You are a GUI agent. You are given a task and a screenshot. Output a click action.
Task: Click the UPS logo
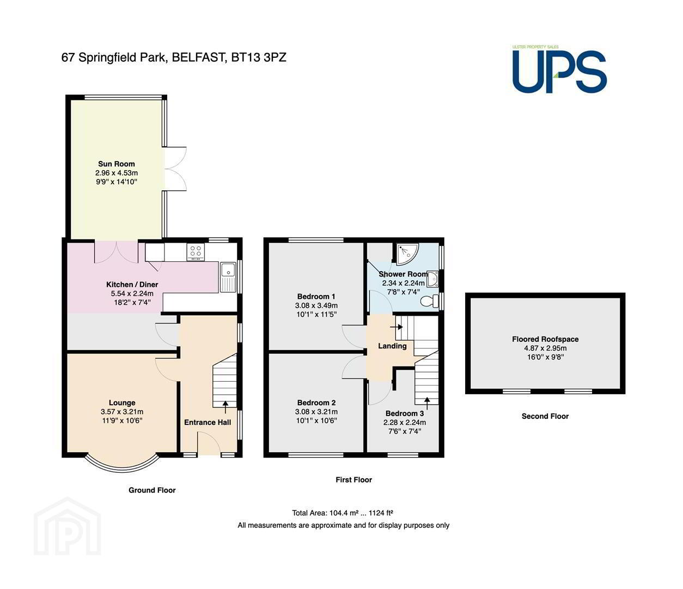coord(559,69)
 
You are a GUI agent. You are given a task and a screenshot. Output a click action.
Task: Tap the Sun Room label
coord(117,164)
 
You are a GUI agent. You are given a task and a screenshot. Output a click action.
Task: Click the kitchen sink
coord(228,277)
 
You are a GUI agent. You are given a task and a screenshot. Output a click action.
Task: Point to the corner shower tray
coord(407,255)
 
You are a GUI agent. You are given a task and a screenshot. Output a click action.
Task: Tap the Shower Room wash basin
coord(432,279)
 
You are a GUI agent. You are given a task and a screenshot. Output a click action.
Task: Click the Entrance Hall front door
coord(209,443)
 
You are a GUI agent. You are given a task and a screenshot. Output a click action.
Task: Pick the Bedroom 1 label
coord(316,297)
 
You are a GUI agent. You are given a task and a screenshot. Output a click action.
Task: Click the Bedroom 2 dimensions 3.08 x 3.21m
coord(316,412)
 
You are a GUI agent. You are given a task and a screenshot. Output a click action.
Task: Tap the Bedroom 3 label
coord(405,413)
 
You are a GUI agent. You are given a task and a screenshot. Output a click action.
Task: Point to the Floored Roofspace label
coord(545,339)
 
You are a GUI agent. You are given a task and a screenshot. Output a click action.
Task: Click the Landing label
coord(392,346)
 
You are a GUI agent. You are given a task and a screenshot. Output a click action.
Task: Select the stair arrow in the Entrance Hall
coord(225,407)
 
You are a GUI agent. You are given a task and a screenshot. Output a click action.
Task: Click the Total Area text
coord(343,513)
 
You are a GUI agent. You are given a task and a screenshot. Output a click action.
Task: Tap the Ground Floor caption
coord(152,490)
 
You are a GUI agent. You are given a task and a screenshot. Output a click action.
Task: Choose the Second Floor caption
coord(545,416)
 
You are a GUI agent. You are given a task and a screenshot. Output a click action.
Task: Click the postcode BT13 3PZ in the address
coord(259,58)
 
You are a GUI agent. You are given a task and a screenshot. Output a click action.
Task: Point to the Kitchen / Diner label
coord(132,285)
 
